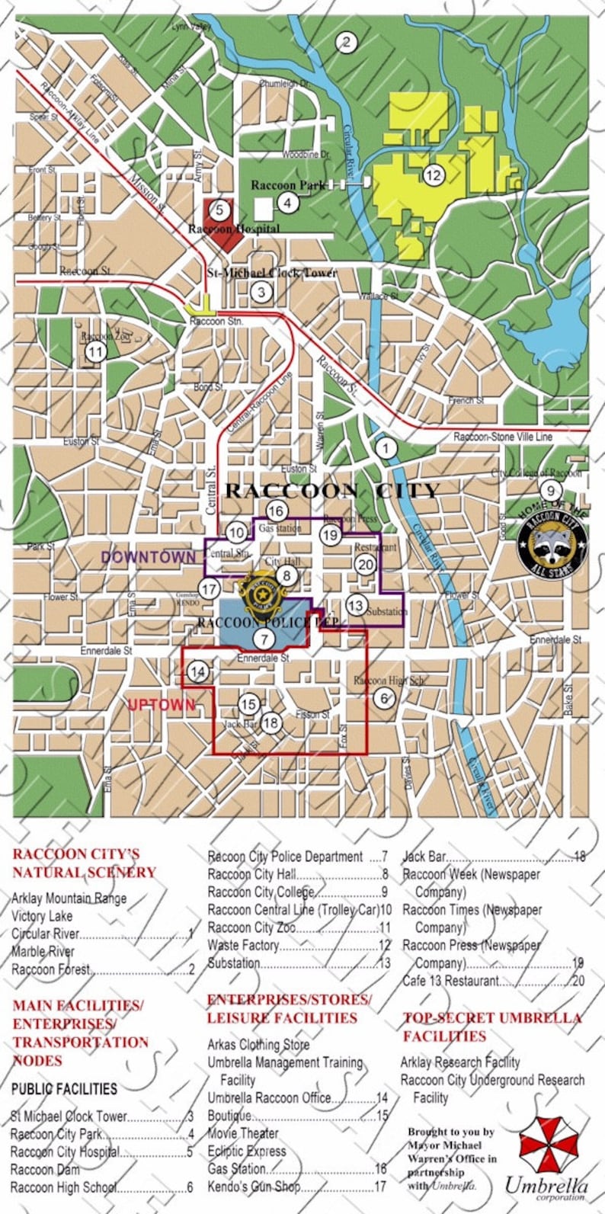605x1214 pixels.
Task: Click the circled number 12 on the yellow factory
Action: [x=433, y=175]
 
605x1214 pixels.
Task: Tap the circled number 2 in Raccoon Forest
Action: [x=346, y=43]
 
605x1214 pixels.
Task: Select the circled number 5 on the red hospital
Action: [x=219, y=210]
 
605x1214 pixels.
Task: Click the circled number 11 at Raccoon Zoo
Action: [x=95, y=352]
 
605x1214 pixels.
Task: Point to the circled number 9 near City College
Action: [x=549, y=491]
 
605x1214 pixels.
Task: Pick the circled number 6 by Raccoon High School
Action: [x=385, y=697]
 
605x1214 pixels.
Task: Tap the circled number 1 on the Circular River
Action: [x=386, y=448]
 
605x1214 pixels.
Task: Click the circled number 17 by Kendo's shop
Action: [x=210, y=588]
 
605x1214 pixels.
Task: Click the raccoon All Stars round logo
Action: [x=552, y=543]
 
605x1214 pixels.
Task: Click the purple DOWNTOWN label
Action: [x=148, y=557]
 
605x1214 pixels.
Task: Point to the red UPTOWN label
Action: [x=161, y=705]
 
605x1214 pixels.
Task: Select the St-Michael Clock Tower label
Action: [x=271, y=272]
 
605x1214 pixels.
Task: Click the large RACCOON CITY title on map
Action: [x=332, y=490]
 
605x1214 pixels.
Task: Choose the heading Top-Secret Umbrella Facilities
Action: [x=492, y=1027]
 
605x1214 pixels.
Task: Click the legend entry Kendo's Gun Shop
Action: [x=254, y=1187]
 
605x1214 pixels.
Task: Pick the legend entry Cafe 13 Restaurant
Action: [x=451, y=981]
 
